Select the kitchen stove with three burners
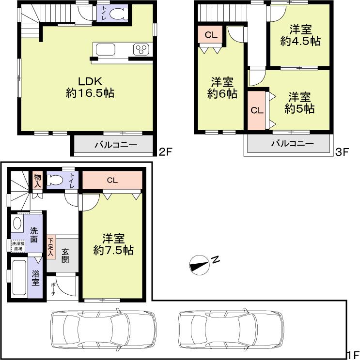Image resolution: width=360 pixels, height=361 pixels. [x=142, y=50]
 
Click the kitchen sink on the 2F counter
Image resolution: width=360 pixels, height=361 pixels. [x=105, y=50]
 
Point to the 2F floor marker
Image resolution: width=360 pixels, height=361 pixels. [x=166, y=152]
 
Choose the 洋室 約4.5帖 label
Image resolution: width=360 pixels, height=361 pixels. [x=300, y=35]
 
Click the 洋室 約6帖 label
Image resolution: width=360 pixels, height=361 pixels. [x=222, y=88]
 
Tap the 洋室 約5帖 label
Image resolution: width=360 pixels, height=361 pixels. [x=299, y=103]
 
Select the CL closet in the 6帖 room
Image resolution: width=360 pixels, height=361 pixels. [x=210, y=34]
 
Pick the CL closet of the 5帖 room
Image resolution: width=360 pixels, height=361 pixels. [x=256, y=110]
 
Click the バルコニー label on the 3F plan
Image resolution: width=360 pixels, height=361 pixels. [x=292, y=143]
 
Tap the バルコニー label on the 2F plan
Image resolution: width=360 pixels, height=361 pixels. [x=115, y=145]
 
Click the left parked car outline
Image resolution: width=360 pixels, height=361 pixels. [x=104, y=328]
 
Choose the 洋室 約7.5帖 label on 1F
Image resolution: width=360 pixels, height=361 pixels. [x=113, y=244]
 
